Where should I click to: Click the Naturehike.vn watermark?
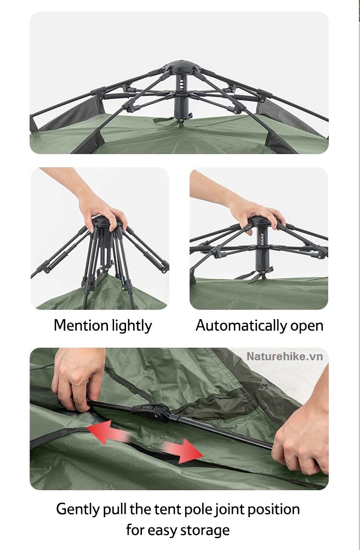click(x=284, y=356)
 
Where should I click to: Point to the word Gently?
click(x=78, y=509)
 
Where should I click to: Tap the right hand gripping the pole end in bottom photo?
click(x=302, y=435)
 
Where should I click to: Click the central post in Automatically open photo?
click(x=261, y=248)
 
